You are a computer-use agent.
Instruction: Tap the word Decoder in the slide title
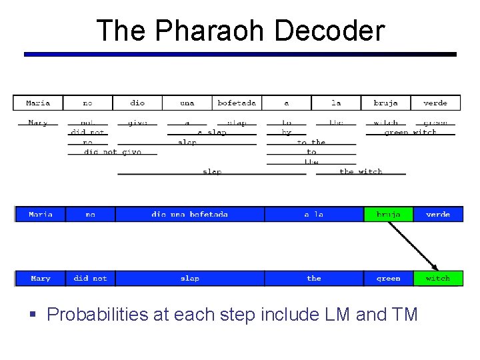click(329, 31)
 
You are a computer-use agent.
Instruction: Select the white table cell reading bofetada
click(237, 103)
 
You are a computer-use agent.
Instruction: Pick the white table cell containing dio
click(137, 103)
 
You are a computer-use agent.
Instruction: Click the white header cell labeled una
click(187, 103)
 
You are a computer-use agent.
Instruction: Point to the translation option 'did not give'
click(113, 152)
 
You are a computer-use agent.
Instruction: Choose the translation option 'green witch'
click(410, 133)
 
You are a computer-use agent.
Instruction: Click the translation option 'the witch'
click(361, 171)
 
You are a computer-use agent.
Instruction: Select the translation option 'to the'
click(311, 142)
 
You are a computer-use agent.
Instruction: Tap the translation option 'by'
click(287, 133)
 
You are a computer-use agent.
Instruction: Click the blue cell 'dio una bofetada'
click(189, 215)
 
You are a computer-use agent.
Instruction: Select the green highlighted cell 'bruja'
click(388, 215)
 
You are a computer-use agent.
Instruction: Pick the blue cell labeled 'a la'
click(313, 215)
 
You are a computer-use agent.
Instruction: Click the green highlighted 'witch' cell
click(437, 278)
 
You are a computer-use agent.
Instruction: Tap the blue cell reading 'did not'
click(90, 278)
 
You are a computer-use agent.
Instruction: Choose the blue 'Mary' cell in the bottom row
click(40, 278)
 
